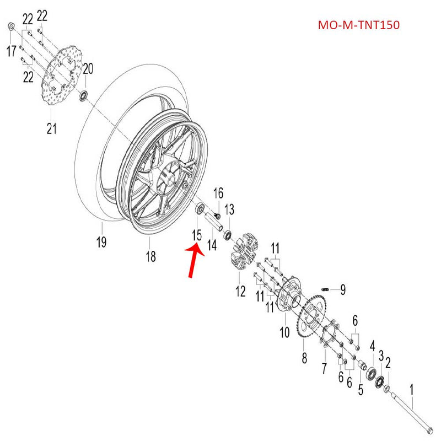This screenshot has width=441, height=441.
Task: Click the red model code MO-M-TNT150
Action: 358,25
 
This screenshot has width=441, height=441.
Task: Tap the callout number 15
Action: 196,236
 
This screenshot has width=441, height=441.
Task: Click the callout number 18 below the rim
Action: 150,256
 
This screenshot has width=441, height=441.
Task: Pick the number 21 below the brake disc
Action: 51,129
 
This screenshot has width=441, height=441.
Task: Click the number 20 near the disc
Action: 88,69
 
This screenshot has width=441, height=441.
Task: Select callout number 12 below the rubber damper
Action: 241,291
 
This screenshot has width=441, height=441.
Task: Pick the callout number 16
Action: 219,192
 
